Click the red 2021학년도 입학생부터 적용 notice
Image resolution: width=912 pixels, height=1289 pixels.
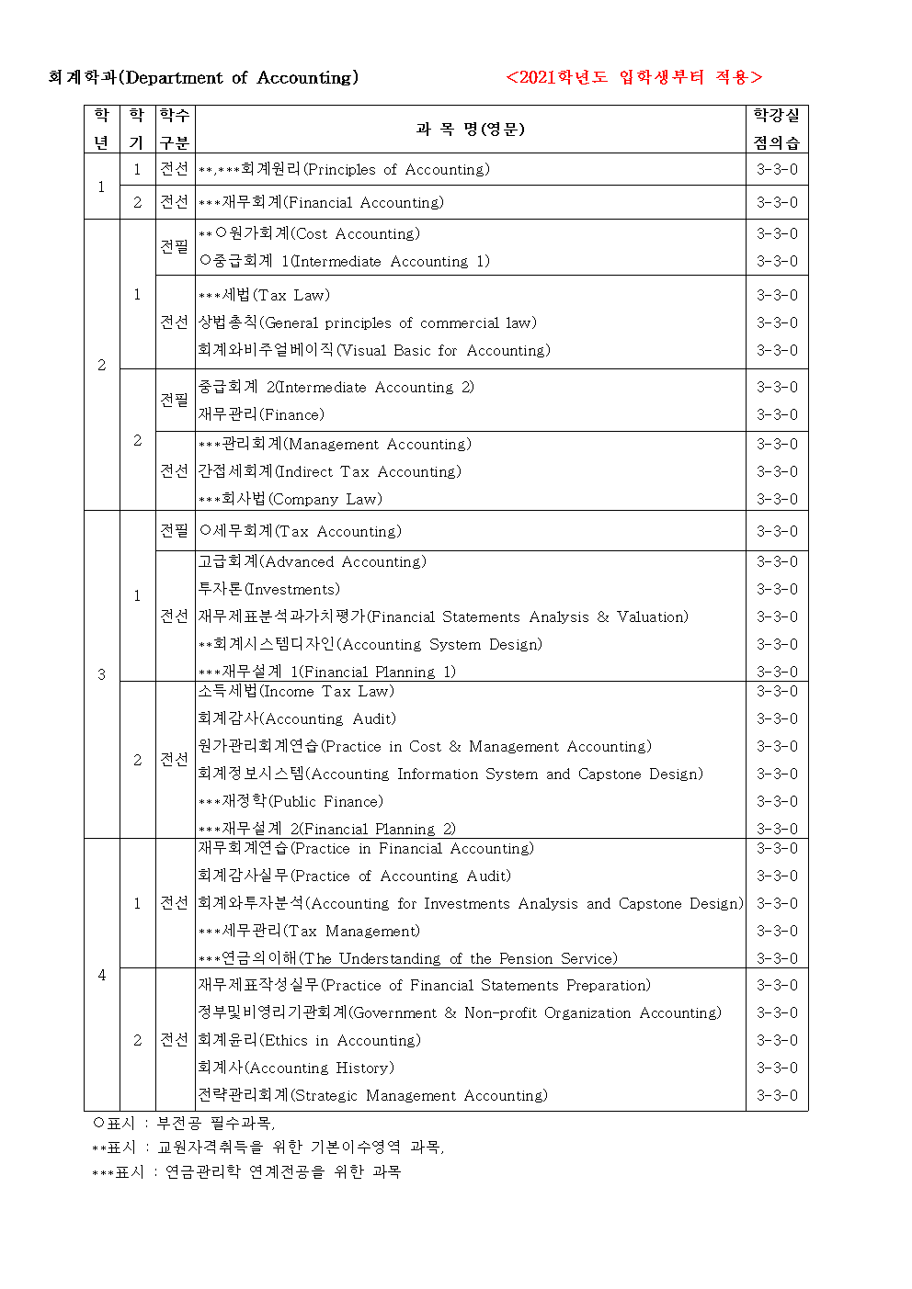[633, 77]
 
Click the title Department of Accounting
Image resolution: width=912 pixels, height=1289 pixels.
[203, 78]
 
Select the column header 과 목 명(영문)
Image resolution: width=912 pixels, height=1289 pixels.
[470, 129]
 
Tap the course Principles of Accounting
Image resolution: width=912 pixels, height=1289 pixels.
[344, 169]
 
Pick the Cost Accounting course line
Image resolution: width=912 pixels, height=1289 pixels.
[309, 233]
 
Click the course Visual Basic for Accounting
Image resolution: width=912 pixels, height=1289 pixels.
[374, 350]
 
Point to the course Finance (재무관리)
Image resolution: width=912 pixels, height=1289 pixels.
[261, 414]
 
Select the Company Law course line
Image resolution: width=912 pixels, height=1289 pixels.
[291, 499]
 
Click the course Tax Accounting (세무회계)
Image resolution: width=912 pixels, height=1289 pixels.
[301, 531]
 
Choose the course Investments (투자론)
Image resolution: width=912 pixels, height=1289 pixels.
[268, 589]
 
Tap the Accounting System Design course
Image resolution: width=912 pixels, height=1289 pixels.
[370, 644]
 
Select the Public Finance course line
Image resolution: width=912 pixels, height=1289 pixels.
[291, 801]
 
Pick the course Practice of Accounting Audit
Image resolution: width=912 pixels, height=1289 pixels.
[354, 876]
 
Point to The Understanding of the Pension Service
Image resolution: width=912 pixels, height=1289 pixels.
[408, 958]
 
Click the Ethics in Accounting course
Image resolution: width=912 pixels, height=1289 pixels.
[309, 1040]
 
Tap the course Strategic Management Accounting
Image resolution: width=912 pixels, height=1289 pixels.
[372, 1095]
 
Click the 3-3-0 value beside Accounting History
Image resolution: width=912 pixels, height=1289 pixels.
[777, 1068]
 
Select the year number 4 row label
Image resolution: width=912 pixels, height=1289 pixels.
[102, 975]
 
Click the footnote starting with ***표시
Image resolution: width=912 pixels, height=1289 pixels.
[246, 1171]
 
